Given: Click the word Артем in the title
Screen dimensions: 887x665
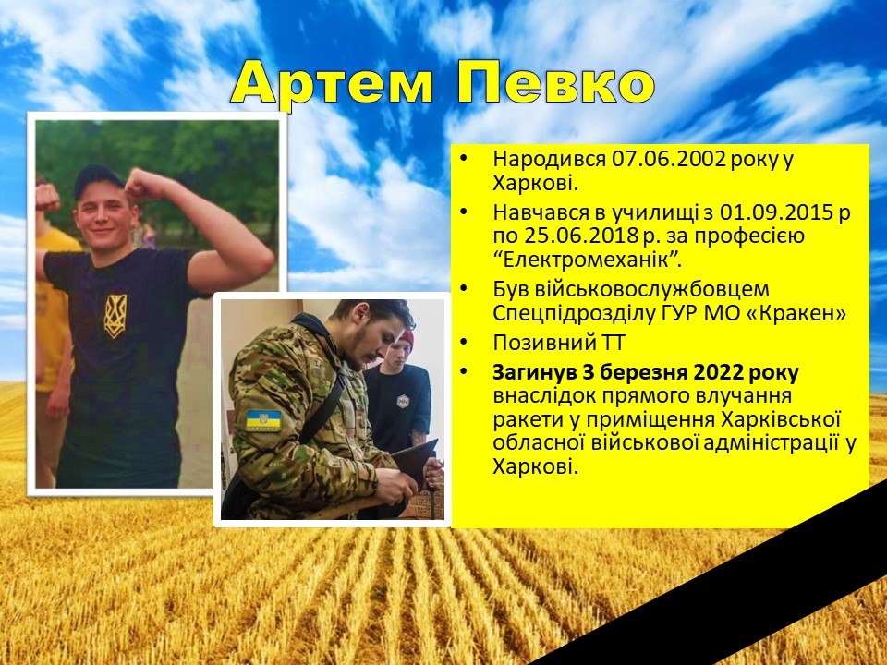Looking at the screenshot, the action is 332,83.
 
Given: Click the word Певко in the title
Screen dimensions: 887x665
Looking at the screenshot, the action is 555,83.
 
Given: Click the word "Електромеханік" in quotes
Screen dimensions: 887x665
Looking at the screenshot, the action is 586,260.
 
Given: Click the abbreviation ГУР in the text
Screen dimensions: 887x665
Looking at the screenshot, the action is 679,313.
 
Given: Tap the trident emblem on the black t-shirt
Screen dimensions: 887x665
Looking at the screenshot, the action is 115,316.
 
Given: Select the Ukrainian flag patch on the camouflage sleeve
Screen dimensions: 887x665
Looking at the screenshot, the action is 263,421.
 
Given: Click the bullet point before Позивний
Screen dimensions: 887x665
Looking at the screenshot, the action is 464,342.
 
